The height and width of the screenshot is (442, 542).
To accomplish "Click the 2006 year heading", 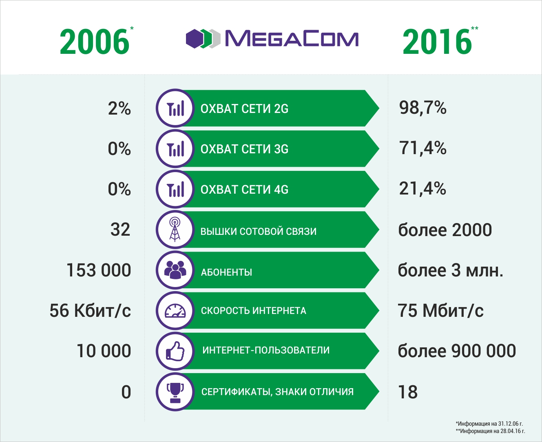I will coord(95,42).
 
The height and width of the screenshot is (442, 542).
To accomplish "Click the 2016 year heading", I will coord(437,42).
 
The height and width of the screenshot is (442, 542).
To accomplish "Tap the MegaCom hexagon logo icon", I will coord(203,39).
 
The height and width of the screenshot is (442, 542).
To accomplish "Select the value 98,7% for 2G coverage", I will coord(423,108).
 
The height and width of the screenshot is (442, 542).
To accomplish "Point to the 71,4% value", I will coord(423,148).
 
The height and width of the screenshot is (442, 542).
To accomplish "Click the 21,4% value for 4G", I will coord(423,188).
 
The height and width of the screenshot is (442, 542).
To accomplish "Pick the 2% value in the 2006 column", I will coord(119,108).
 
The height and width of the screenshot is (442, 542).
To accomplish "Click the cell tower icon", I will coord(175,230).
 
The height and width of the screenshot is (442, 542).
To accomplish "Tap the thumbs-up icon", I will coord(175,351).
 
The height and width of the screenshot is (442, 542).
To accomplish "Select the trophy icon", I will coord(175,391).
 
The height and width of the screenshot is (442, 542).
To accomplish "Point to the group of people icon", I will coord(175,270).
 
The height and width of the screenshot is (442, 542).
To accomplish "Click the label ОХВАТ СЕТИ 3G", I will coord(244,149).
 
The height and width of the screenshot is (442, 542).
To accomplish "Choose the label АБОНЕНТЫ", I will coord(226,272).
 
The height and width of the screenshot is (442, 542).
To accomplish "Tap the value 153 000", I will coord(99,270).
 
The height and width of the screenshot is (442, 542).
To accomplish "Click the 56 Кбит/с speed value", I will coord(90,311).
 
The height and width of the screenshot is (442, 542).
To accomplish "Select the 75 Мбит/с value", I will coord(440,311).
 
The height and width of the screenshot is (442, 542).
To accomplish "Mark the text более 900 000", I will coord(457,351).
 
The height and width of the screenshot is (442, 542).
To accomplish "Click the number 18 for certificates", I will coord(408,392).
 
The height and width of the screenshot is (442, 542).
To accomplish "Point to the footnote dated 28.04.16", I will coord(490,431).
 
